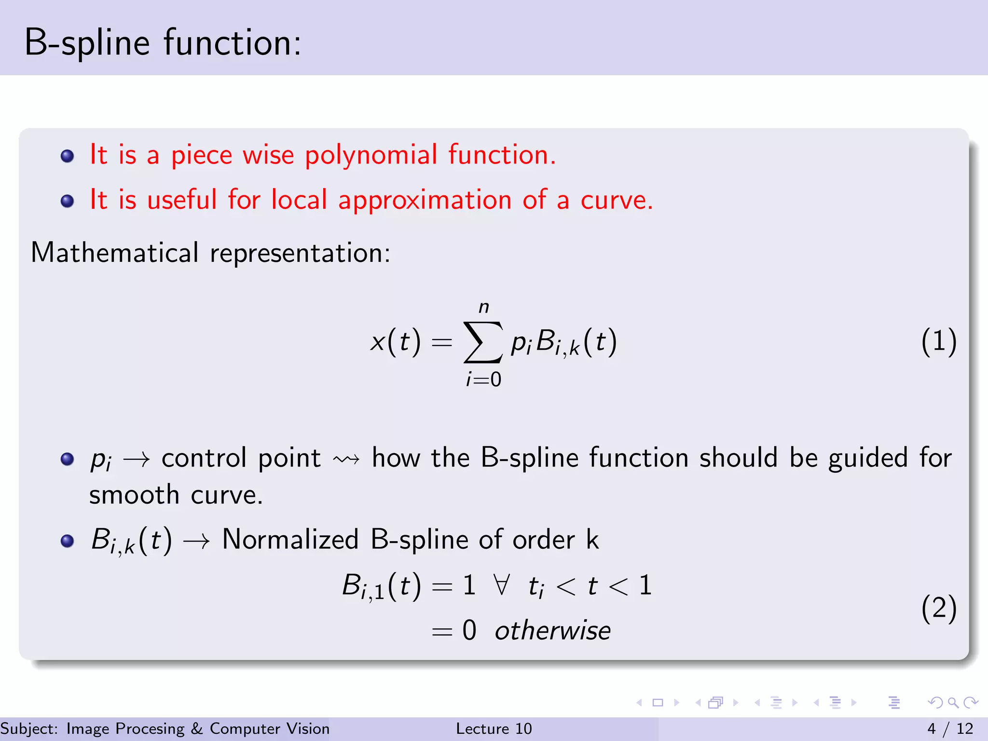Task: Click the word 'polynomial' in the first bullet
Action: coord(371,156)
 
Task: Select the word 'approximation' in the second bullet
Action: coord(425,200)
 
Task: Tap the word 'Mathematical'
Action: coord(115,253)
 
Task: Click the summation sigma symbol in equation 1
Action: coord(482,342)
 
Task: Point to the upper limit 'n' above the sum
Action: coord(484,307)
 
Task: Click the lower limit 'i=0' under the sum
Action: coord(484,380)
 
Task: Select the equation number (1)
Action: coord(938,342)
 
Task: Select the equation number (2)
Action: coord(938,608)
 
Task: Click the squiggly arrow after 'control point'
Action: coord(346,459)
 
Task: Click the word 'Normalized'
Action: coord(290,539)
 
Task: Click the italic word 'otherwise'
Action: coord(553,631)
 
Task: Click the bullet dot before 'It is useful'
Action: coord(68,201)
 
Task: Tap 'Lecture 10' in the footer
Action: coord(494,728)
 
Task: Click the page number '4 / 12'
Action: coord(950,728)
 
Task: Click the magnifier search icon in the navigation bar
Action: coord(953,702)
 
